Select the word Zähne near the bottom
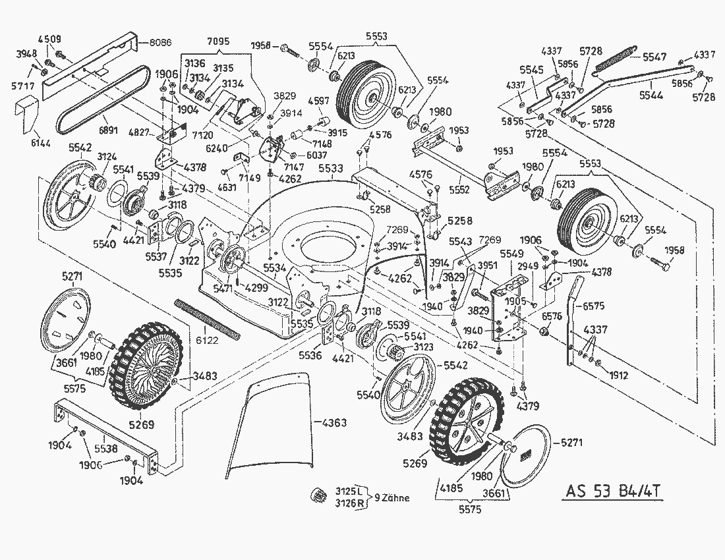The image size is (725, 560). tap(395, 498)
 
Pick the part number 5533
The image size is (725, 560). tap(332, 169)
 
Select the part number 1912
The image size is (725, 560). tap(620, 376)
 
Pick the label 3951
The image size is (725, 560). tap(487, 265)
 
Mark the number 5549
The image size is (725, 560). tap(511, 253)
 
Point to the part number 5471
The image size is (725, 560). tap(223, 289)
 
